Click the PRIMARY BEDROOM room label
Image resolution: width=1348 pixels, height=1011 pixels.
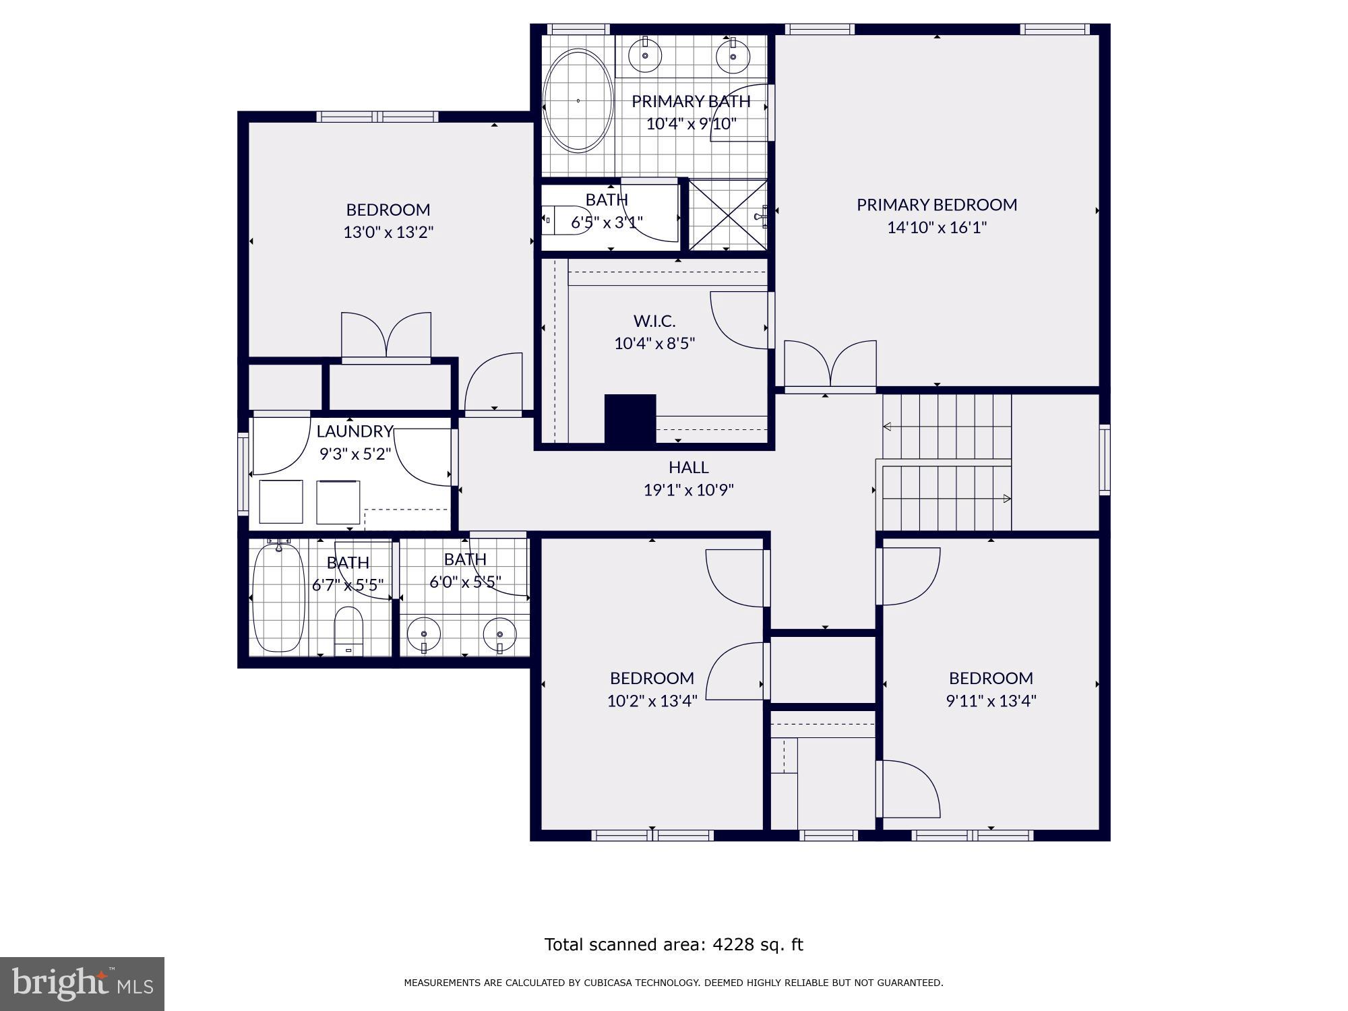tap(936, 204)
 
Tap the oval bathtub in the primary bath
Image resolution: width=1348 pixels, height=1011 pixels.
tap(578, 100)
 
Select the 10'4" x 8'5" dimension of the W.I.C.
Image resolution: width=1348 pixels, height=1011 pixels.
tap(654, 343)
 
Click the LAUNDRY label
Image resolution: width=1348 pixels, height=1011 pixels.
tap(355, 431)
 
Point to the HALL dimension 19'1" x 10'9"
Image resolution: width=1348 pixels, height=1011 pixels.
tap(688, 490)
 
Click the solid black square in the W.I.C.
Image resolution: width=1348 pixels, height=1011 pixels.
tap(630, 419)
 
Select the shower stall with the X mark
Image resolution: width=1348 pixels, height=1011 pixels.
tap(727, 215)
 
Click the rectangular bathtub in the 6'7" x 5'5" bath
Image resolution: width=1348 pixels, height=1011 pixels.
tap(278, 599)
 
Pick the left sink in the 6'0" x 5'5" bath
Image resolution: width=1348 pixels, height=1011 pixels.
tap(424, 634)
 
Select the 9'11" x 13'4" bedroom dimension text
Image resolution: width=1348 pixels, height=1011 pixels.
tap(991, 701)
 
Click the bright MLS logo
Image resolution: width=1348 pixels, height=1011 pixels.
tap(82, 984)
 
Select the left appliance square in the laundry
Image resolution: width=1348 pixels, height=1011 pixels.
tap(281, 501)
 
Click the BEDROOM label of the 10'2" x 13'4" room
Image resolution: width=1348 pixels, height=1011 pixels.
tap(652, 678)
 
